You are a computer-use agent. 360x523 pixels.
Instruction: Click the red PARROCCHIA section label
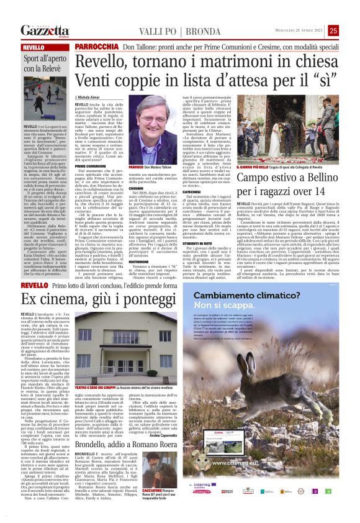96,47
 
